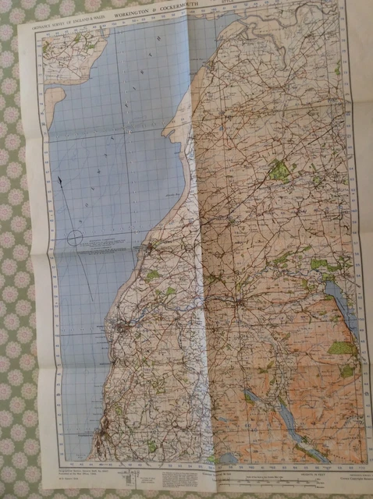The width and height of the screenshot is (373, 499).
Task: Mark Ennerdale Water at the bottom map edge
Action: [230, 458]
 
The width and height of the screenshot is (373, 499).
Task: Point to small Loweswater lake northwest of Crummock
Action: [251, 395]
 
